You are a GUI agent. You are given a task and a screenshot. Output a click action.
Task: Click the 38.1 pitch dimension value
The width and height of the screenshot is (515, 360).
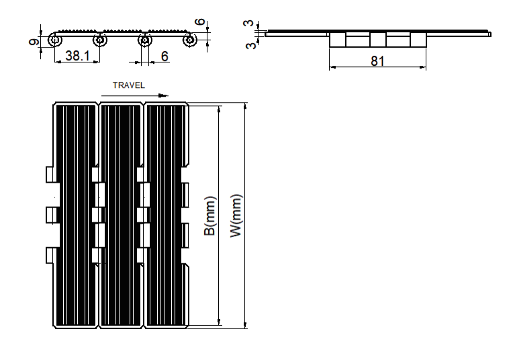[77, 56]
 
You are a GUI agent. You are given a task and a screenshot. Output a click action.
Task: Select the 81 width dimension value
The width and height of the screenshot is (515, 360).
[377, 61]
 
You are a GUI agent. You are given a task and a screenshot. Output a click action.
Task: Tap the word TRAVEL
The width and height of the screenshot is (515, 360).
[129, 85]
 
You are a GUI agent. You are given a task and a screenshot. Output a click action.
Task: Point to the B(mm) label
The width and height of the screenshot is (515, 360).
[210, 216]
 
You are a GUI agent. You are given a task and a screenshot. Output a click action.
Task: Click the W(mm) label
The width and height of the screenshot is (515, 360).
[236, 216]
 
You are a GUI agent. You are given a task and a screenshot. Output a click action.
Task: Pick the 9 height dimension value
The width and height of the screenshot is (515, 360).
[34, 42]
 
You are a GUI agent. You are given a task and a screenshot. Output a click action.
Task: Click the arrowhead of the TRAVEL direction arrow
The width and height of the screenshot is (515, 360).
[163, 95]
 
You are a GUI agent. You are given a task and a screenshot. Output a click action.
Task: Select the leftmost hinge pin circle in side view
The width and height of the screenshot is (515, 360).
[55, 40]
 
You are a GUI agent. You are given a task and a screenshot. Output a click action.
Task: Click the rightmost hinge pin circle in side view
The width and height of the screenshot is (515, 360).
[189, 40]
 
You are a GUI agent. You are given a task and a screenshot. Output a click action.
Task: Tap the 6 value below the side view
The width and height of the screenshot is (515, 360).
[165, 56]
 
